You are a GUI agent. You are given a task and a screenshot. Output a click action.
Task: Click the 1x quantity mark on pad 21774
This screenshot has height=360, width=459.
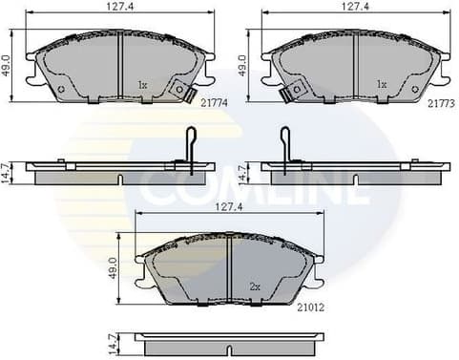coord(142,85)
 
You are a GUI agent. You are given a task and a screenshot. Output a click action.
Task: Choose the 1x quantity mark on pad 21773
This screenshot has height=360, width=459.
coord(382,85)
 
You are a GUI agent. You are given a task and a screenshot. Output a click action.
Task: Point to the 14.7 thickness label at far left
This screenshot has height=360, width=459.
coord(8,172)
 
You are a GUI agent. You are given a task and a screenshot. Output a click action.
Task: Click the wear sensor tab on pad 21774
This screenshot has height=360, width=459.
coord(177,92)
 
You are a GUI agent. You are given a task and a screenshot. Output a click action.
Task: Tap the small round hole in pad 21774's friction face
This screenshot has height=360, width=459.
coord(61,91)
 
